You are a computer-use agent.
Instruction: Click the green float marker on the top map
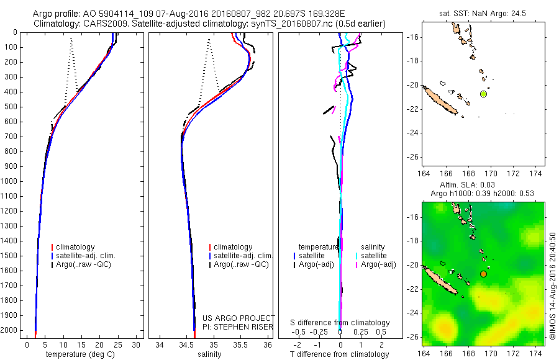tap(483, 94)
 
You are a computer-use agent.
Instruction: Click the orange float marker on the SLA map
tap(483, 274)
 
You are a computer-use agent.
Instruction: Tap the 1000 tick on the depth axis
tap(12, 181)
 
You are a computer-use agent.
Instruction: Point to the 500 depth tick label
tap(12, 107)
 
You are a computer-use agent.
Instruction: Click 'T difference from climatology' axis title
tap(340, 355)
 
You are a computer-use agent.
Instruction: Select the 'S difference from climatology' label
tap(340, 323)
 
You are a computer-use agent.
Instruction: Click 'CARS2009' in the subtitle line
tap(102, 24)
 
